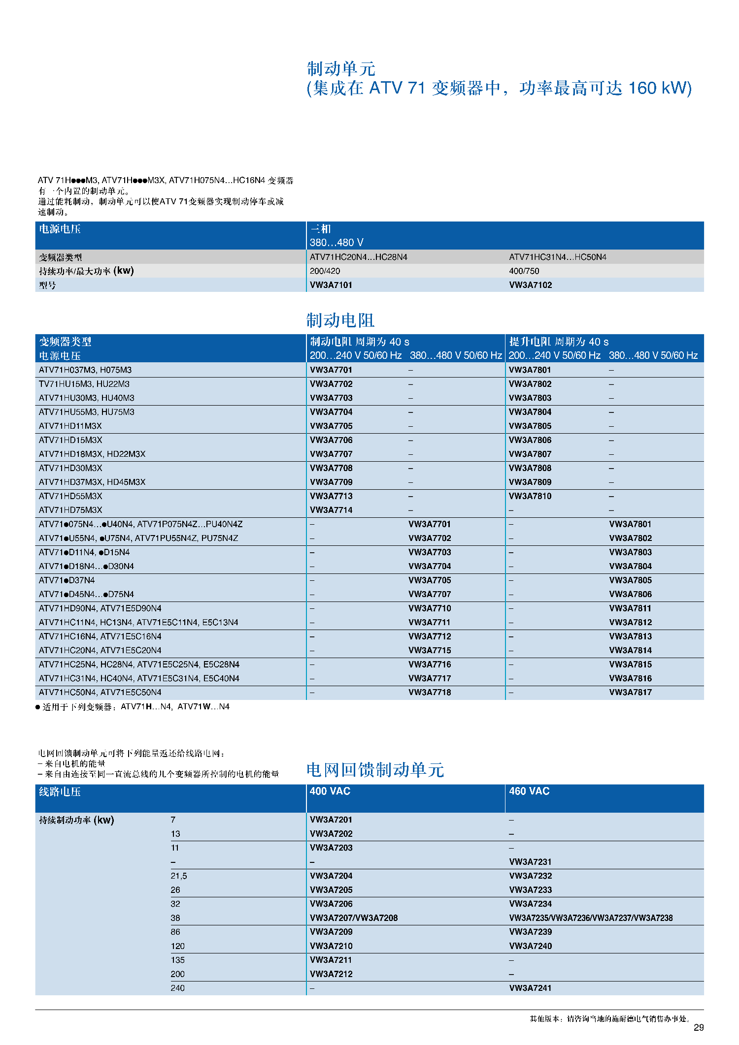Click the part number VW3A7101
[331, 285]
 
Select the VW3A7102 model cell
[530, 285]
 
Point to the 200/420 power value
[325, 271]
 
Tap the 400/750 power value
[524, 271]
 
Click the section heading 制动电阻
[340, 320]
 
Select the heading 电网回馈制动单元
[375, 770]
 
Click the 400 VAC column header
[330, 791]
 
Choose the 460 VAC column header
[529, 791]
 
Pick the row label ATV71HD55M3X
[70, 496]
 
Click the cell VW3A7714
[331, 510]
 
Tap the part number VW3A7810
[530, 496]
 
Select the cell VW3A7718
[430, 692]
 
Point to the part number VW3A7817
[630, 692]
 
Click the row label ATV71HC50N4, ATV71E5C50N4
[100, 692]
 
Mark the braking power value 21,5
[179, 876]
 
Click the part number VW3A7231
[530, 862]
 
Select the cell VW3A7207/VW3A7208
[353, 918]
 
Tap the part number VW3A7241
[530, 988]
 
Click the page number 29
[699, 1027]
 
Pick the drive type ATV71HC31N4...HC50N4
[557, 257]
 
